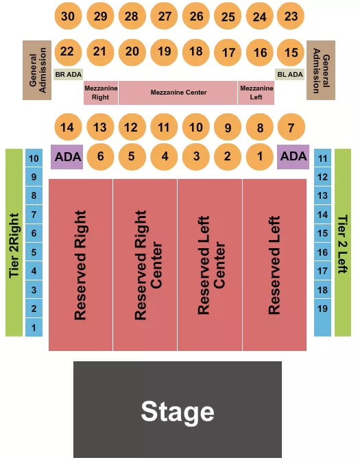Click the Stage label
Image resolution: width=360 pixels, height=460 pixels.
(178, 411)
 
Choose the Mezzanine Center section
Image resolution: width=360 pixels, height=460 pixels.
(178, 93)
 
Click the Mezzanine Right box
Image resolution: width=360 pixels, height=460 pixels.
(101, 93)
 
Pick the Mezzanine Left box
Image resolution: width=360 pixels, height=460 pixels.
(256, 93)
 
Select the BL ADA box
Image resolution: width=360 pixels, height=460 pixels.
(290, 74)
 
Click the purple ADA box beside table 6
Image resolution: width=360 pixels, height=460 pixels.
(68, 156)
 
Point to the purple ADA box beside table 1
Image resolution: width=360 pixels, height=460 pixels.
(293, 156)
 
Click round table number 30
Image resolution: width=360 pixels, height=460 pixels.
(67, 16)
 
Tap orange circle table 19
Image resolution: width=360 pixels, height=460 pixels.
(164, 51)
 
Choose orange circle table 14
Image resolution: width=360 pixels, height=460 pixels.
(67, 127)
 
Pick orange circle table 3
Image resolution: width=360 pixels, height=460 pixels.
(196, 156)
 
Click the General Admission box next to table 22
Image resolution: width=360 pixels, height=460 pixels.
(38, 70)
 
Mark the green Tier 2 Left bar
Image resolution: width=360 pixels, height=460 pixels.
(343, 243)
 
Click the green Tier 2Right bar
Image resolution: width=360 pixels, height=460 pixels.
(14, 243)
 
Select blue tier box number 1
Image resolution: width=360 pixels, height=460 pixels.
(34, 328)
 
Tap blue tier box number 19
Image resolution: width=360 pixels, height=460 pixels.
(323, 308)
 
